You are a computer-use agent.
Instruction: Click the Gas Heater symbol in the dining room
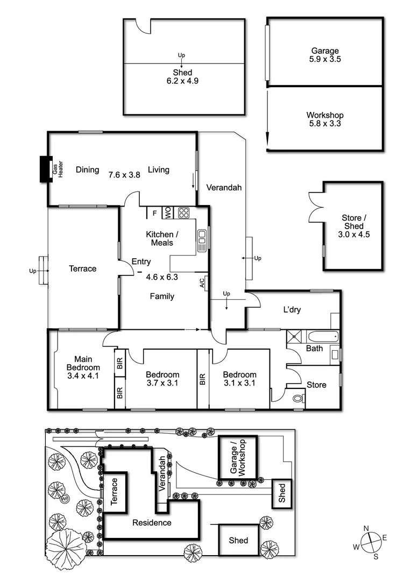click(x=45, y=170)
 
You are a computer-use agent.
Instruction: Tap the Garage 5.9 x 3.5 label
click(x=325, y=55)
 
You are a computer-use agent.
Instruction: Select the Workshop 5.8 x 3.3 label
click(x=325, y=119)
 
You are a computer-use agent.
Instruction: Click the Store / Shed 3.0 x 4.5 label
click(x=352, y=226)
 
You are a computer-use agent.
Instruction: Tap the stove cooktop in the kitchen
click(x=184, y=213)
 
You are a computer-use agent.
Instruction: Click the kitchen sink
click(x=202, y=240)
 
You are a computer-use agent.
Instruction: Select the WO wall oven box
click(x=168, y=213)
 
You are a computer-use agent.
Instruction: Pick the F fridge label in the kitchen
click(x=155, y=213)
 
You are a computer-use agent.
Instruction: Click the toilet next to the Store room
click(x=298, y=399)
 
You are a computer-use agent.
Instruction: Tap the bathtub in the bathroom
click(x=323, y=337)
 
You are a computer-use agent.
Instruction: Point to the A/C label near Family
click(x=202, y=283)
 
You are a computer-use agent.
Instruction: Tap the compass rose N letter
click(x=366, y=529)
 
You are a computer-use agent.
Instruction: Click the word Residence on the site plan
click(x=152, y=522)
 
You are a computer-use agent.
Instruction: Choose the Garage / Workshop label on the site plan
click(x=237, y=457)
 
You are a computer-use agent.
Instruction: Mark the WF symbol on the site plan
click(x=65, y=498)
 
